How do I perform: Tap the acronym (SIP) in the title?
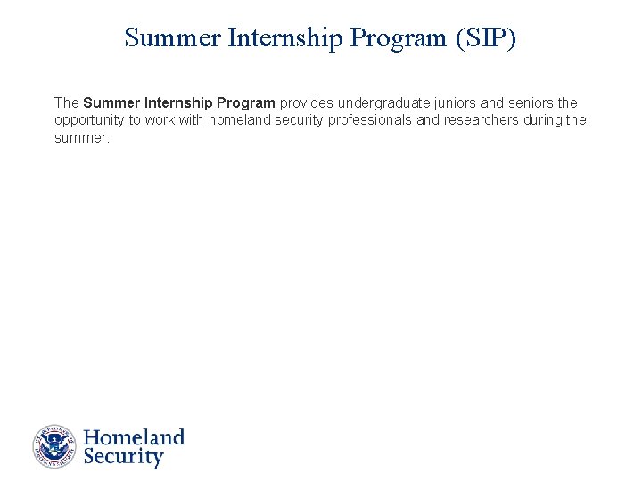click(x=485, y=38)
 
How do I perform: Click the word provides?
click(x=307, y=103)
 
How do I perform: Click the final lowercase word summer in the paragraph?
click(x=81, y=137)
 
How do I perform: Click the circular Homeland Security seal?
click(x=55, y=447)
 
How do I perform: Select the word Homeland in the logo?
click(x=134, y=437)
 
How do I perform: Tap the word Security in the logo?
click(x=123, y=458)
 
